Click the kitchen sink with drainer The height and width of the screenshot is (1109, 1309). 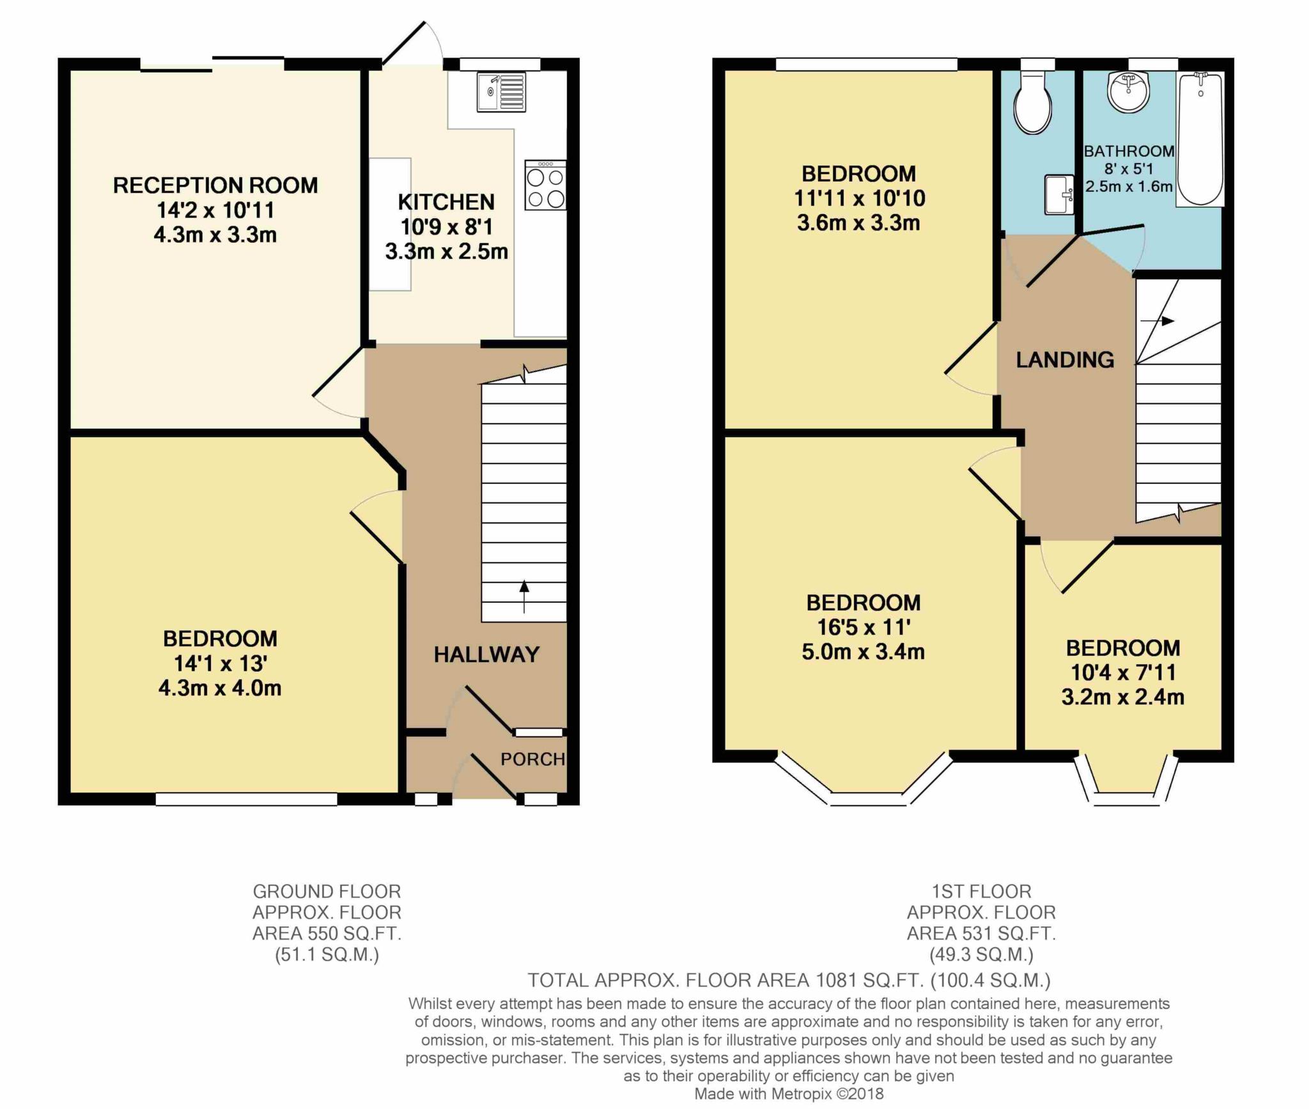[x=502, y=93]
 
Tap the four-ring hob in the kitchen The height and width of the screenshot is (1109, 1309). [x=545, y=185]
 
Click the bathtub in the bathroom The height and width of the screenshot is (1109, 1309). [x=1200, y=139]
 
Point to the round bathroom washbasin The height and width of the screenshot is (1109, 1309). [x=1129, y=92]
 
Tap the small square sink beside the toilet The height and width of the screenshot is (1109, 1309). [x=1059, y=195]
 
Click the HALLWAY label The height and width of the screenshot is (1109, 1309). [x=487, y=655]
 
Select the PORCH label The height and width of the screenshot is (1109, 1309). [x=532, y=759]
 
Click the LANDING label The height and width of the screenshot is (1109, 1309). [x=1065, y=360]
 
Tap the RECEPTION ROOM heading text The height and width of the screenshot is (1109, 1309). [x=215, y=185]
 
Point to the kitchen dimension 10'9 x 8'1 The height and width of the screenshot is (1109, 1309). [x=447, y=227]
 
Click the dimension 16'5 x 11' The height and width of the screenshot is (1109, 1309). [x=864, y=628]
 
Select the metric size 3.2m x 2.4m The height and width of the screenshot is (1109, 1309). [x=1123, y=697]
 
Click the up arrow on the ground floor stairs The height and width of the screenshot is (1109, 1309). [x=524, y=596]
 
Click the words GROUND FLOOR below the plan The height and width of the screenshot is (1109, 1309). [x=327, y=891]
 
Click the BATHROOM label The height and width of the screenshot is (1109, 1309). [x=1129, y=151]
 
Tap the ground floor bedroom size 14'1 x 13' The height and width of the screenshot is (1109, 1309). [x=220, y=663]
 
